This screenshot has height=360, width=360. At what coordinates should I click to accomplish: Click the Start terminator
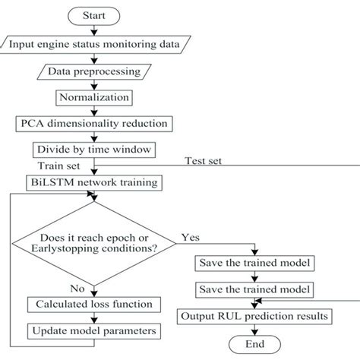93,15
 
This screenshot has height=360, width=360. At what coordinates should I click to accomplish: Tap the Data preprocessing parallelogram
93,71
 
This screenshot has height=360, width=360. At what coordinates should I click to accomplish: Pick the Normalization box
93,97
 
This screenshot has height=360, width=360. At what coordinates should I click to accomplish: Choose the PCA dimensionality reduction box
93,122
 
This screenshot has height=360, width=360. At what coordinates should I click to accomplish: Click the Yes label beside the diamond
191,238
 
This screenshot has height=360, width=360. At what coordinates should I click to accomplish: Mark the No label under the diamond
76,289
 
